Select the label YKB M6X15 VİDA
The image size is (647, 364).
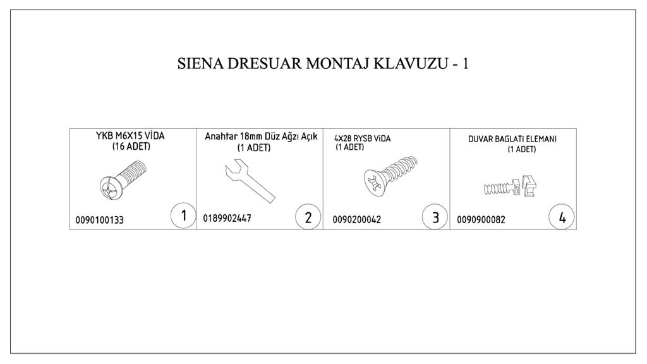[131, 136]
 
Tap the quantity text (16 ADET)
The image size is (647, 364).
[131, 146]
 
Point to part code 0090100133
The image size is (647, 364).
[100, 220]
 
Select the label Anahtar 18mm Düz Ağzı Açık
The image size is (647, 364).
[260, 136]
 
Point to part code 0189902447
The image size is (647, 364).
[227, 219]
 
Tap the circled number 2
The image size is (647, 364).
[308, 218]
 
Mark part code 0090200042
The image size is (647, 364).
[356, 220]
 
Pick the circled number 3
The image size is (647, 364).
[435, 218]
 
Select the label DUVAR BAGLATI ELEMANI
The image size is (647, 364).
[512, 139]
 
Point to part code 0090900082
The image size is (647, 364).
[481, 220]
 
